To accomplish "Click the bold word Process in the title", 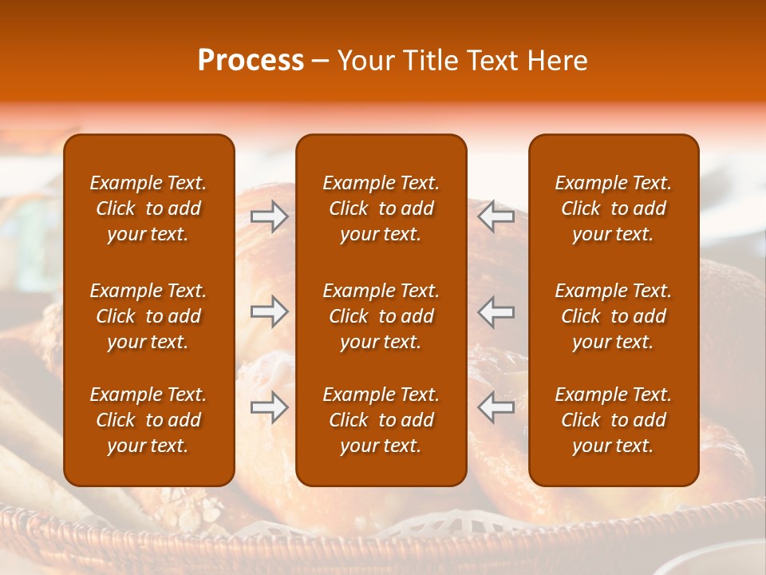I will (251, 61).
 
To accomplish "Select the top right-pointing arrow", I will (269, 216).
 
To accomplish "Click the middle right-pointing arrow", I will (269, 311).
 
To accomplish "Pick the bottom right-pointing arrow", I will (269, 406).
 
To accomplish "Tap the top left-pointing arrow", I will (496, 216).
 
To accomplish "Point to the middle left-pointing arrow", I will (496, 311).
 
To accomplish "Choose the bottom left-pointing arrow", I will (496, 406).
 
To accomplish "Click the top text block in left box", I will (148, 208).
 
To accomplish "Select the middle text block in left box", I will (148, 316).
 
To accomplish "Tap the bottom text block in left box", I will (148, 420).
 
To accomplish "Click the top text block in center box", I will (381, 208).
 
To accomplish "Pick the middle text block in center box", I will (381, 316).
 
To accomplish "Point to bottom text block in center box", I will (381, 420).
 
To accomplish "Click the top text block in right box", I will (613, 208).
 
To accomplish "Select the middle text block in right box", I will (613, 316).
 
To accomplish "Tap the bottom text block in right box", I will (613, 420).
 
